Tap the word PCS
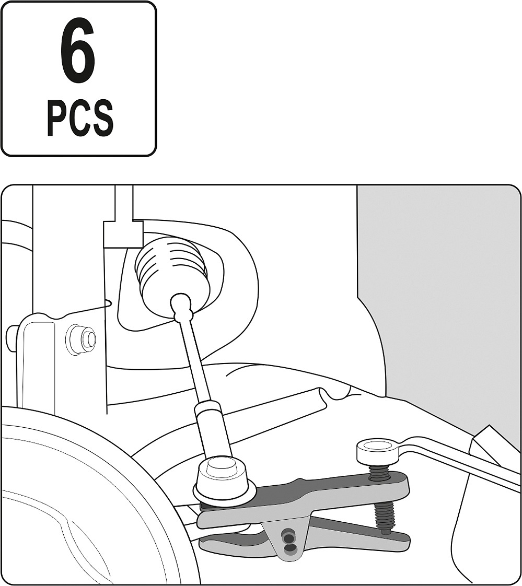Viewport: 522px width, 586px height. [x=80, y=117]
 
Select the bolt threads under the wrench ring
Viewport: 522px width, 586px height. [x=378, y=472]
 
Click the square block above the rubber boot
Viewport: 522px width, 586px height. [x=123, y=234]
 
